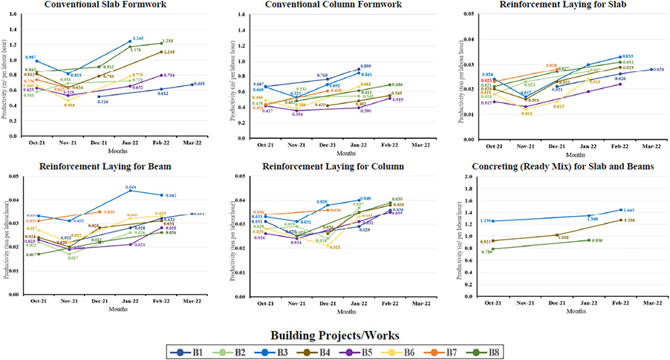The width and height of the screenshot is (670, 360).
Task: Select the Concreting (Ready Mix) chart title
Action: (559, 166)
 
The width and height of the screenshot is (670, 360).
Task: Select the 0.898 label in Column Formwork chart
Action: (366, 66)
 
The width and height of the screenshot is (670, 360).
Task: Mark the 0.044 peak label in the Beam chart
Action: (131, 187)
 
